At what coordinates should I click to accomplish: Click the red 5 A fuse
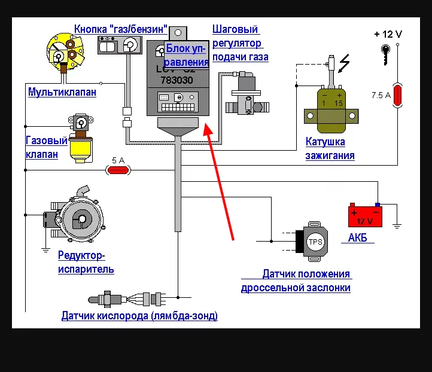tap(118, 170)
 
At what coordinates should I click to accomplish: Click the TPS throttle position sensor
tap(314, 242)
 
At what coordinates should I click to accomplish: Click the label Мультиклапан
tap(62, 93)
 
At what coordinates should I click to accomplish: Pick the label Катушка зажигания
tap(330, 149)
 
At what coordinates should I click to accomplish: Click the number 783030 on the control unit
tap(177, 80)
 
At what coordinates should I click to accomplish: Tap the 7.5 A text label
tap(381, 95)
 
